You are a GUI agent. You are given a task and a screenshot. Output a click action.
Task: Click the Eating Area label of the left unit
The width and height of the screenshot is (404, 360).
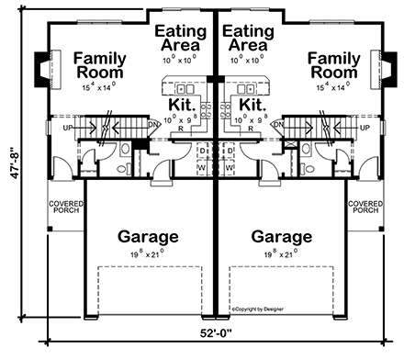click(x=180, y=36)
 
